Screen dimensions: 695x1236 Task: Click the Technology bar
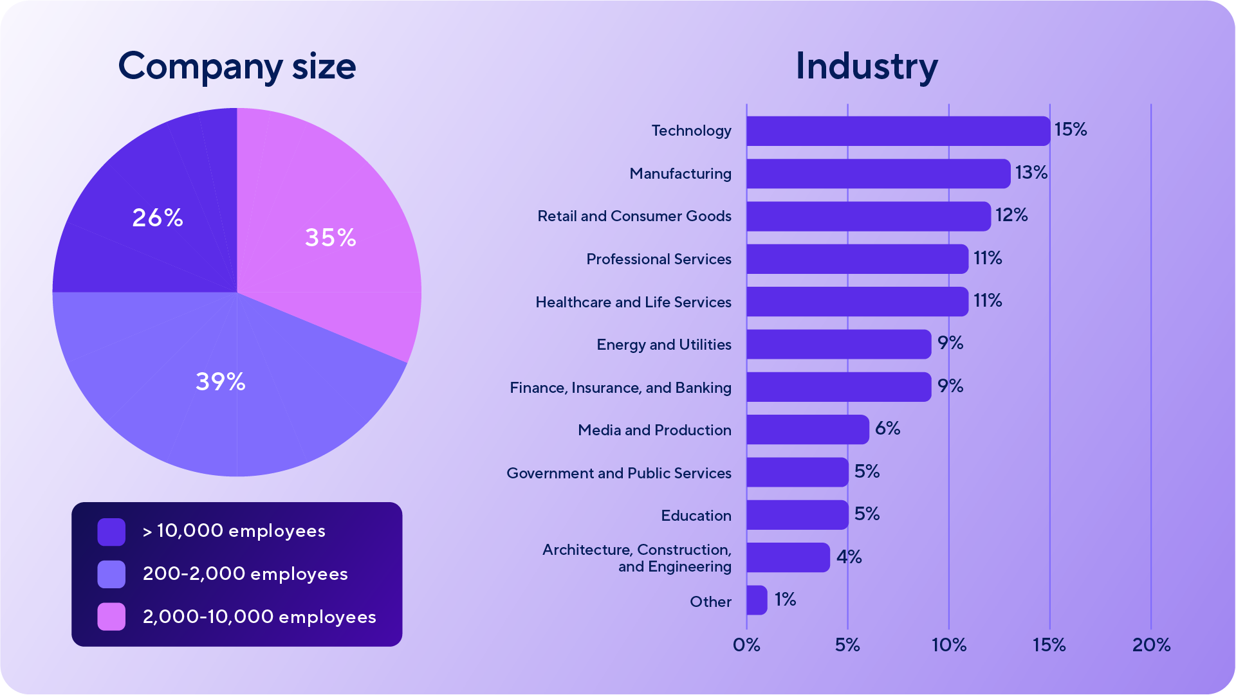[x=898, y=131]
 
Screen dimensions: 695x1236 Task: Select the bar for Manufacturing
[x=878, y=174]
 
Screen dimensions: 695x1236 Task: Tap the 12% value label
[x=1011, y=215]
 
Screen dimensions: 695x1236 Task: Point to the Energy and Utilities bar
[x=838, y=345]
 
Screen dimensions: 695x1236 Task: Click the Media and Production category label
[x=654, y=430]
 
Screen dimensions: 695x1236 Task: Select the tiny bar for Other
[x=757, y=600]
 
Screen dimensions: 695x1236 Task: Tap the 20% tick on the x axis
[x=1150, y=645]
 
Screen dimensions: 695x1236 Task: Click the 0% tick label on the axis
[x=746, y=645]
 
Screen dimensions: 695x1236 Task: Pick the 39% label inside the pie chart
[x=221, y=382]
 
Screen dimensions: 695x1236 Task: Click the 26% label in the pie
[x=158, y=218]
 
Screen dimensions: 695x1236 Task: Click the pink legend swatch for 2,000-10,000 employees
[x=111, y=617]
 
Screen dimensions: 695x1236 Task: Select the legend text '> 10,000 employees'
[x=234, y=531]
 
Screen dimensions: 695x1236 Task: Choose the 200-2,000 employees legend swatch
[x=111, y=574]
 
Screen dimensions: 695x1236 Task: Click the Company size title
[x=237, y=66]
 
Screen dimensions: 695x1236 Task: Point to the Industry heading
[x=866, y=66]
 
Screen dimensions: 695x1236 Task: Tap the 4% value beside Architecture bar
[x=848, y=557]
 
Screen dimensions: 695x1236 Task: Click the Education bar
[x=797, y=515]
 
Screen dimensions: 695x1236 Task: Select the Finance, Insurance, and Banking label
[x=620, y=388]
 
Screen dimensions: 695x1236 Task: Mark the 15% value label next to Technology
[x=1070, y=130]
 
